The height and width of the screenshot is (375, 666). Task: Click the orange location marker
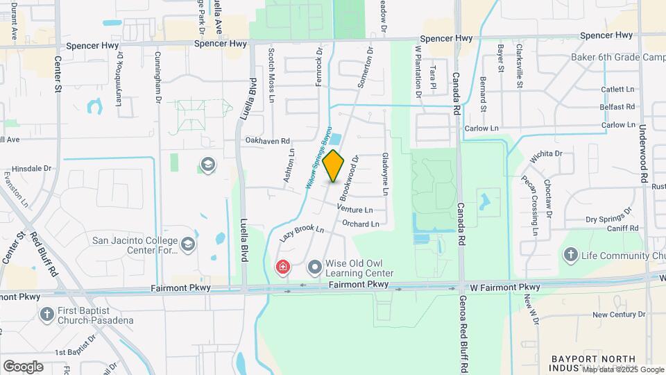coord(334,165)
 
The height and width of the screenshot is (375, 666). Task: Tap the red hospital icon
coord(282,267)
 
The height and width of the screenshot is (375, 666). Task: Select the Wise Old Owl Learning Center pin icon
coord(315,267)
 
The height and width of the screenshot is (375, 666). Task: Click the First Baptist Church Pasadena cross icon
coord(47,315)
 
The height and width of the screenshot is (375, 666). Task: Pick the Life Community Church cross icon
coord(570,256)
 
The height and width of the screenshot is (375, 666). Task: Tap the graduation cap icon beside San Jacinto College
coord(188,244)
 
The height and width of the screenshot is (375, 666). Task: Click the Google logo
coord(23,366)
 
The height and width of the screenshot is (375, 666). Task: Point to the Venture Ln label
coord(355,209)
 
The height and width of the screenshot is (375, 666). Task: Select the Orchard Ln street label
coord(361,224)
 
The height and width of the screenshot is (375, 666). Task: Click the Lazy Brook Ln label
coord(302,233)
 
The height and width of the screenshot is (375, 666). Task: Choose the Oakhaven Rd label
coord(267,140)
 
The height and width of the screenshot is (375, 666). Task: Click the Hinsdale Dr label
coord(32,168)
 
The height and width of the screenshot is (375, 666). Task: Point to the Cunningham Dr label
coord(158,77)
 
